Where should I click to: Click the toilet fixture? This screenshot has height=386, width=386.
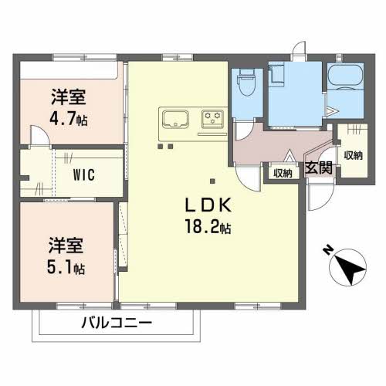247,82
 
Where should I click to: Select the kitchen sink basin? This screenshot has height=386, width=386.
175,119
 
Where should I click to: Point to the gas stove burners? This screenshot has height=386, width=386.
212,119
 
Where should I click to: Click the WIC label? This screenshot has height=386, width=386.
84,174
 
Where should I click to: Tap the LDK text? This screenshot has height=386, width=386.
208,205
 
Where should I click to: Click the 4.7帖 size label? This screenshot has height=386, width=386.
69,119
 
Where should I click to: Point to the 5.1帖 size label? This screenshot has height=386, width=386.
66,267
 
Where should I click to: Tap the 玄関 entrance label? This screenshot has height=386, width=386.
319,168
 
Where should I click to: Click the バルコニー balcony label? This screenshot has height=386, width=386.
117,323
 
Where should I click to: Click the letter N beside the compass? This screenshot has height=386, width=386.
327,250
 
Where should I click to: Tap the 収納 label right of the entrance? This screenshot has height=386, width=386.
354,155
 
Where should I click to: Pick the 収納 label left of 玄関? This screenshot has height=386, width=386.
283,173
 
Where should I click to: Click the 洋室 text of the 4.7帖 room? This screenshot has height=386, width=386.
69,96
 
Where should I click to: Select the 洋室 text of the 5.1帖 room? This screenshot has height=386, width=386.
66,245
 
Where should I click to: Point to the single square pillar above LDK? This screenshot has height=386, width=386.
212,181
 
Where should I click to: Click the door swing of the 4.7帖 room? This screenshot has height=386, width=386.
39,136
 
